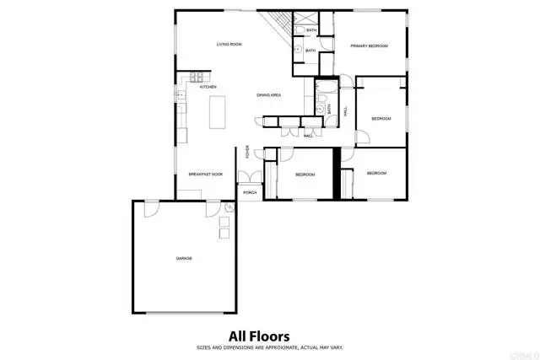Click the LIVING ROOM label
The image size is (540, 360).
[x=229, y=44]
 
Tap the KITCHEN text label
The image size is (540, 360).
[x=208, y=87]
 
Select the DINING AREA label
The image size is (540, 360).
[x=269, y=95]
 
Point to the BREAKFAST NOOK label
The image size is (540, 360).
[x=205, y=174]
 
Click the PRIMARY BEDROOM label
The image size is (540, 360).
[x=369, y=46]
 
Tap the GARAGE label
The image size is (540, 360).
[x=184, y=258]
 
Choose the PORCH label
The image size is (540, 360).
[x=250, y=193]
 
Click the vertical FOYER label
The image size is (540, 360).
[x=247, y=153]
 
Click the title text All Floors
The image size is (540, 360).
[x=259, y=336]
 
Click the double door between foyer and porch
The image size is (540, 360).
[x=249, y=177]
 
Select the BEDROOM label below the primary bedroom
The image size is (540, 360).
[x=381, y=119]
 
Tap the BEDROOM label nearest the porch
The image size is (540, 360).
[x=305, y=175]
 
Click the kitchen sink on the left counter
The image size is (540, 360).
[x=180, y=97]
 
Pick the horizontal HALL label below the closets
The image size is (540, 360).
[x=308, y=135]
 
